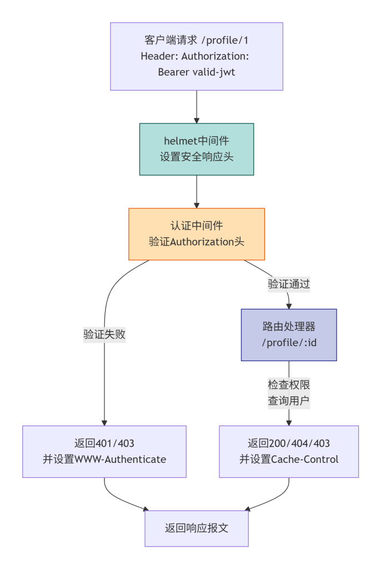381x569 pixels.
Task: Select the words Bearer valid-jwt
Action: coord(197,72)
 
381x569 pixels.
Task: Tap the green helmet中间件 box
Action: coord(197,149)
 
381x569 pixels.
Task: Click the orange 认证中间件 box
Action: coord(197,234)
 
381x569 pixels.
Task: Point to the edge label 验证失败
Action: coord(104,335)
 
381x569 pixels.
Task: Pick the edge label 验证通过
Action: coord(289,284)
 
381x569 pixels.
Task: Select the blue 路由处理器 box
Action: coord(289,335)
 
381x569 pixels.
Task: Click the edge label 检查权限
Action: coord(289,385)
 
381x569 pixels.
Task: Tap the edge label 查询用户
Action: coord(289,401)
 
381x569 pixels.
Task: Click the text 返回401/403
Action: coord(104,443)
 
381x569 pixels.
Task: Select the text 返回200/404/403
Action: coord(289,443)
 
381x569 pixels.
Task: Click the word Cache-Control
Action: coord(305,460)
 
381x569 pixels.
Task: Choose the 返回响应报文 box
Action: coord(197,528)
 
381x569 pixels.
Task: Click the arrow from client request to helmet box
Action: coord(197,107)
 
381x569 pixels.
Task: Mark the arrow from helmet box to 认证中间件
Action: coord(197,192)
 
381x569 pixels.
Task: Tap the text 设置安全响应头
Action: coord(197,157)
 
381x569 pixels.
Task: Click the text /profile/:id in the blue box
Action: coord(289,342)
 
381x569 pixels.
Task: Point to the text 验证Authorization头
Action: coord(197,242)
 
